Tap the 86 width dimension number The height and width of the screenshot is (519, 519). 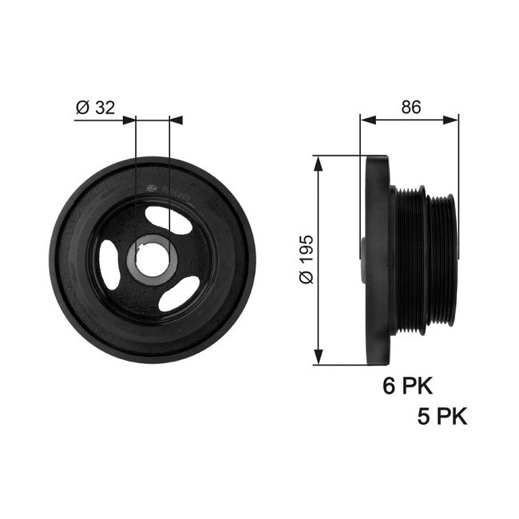pos(410,106)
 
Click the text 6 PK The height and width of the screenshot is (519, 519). pos(407,386)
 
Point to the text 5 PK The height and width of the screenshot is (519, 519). pos(442,416)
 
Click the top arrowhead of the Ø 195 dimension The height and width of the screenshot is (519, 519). pos(319,162)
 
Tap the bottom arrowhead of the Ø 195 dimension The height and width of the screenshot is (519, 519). pos(319,358)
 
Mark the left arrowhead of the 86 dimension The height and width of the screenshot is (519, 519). pos(366,120)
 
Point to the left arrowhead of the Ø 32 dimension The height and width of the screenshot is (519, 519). pos(130,120)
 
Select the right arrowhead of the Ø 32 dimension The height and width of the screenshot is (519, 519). pos(176,120)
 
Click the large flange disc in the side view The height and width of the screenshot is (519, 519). pos(377,259)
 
